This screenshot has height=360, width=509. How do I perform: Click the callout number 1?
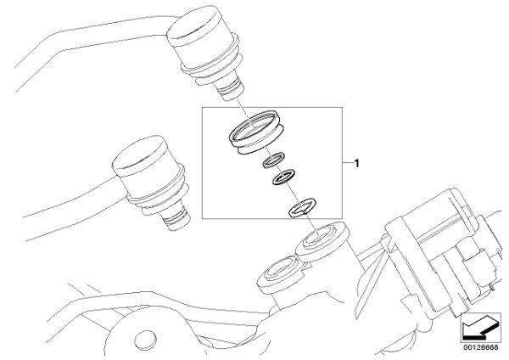click(x=357, y=163)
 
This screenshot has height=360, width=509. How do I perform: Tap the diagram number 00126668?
click(x=481, y=347)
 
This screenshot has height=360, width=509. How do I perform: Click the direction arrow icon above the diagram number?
click(x=481, y=328)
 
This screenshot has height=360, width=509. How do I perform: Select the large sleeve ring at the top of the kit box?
click(x=256, y=132)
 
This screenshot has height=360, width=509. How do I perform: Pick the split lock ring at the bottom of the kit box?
click(x=303, y=208)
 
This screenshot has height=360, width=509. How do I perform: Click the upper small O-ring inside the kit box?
click(x=274, y=160)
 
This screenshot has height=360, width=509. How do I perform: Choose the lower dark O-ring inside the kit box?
click(x=283, y=177)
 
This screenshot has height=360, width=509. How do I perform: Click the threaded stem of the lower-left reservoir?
click(x=176, y=217)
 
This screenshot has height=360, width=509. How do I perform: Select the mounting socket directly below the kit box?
click(x=322, y=242)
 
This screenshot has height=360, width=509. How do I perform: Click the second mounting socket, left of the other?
click(x=281, y=273)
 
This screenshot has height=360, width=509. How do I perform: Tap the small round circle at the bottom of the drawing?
click(x=146, y=341)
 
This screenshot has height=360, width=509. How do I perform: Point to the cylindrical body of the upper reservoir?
click(x=203, y=48)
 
